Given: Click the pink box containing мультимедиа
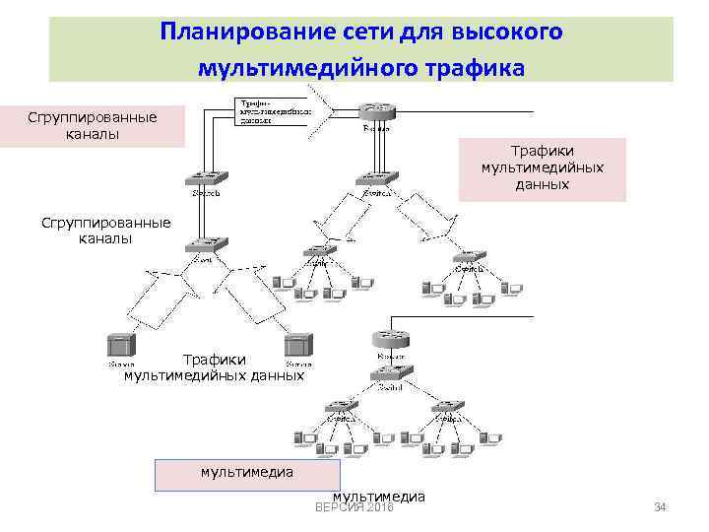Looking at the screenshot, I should [247, 474].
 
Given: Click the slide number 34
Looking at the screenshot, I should [661, 507].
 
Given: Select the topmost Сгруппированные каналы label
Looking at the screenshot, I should [92, 126].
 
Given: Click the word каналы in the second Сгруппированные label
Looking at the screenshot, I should [105, 238].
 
